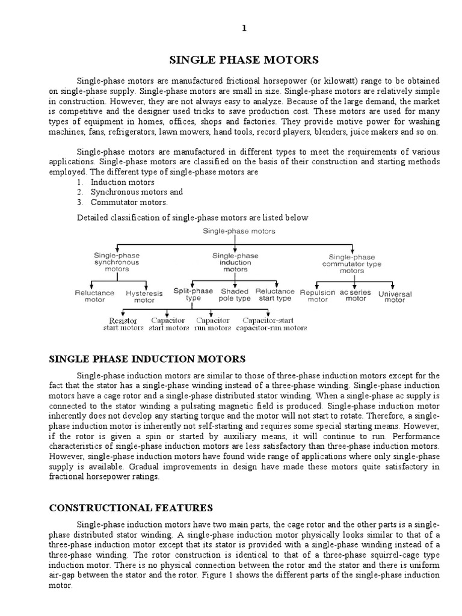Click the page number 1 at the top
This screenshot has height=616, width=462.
pos(244,28)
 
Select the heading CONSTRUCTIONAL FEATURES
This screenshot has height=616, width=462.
pos(131,508)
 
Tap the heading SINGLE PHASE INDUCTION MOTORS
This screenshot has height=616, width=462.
pos(147,359)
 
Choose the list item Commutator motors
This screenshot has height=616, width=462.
pos(129,202)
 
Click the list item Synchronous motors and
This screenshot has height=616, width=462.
pos(137,192)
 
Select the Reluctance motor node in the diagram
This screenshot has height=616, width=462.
pos(94,295)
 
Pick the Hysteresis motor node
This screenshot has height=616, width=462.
pos(140,296)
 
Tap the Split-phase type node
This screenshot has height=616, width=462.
pos(193,294)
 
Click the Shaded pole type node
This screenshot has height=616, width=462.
pos(235,294)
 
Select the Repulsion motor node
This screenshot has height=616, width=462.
pos(318,295)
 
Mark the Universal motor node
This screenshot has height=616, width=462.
pos(395,297)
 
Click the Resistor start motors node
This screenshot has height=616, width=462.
pos(123,324)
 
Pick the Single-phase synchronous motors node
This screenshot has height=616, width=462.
pos(116,262)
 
